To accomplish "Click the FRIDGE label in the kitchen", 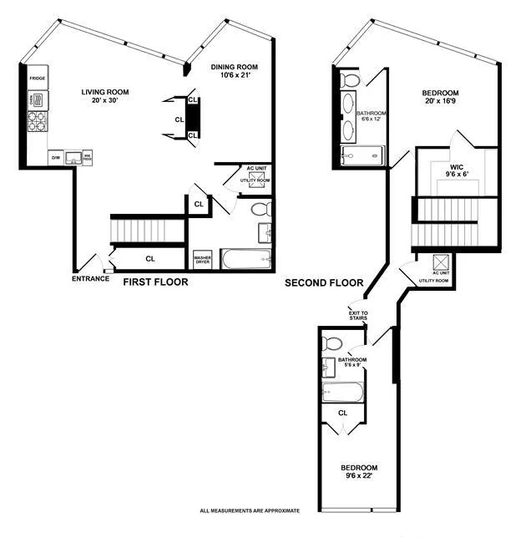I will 38,79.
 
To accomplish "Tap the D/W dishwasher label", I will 56,156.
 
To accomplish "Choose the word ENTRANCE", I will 90,278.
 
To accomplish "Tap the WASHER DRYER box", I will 202,259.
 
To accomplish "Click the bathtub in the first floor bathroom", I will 246,259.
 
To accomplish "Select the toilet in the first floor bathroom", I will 260,209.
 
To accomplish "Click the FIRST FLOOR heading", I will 155,282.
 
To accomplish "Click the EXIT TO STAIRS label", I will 358,316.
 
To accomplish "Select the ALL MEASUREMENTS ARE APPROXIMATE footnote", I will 249,510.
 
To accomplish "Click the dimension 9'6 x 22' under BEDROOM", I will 358,476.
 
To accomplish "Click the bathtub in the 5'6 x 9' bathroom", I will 343,392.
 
